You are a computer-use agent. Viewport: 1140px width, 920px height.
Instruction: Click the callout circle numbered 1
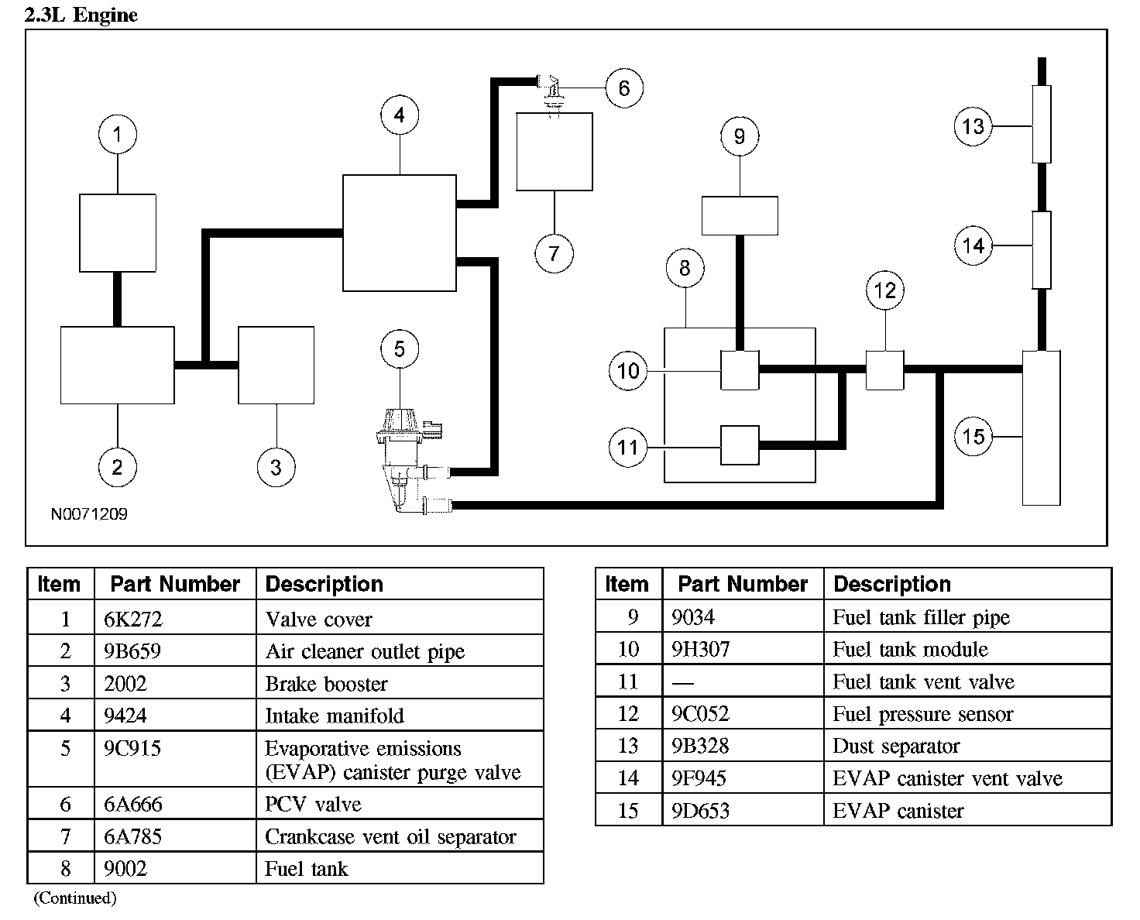click(117, 135)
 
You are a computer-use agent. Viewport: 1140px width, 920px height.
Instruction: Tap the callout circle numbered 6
click(623, 88)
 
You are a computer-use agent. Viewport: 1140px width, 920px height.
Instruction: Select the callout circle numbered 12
click(884, 290)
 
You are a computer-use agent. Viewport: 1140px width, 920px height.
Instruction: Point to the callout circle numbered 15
click(973, 437)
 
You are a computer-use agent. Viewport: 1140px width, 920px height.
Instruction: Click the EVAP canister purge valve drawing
click(404, 457)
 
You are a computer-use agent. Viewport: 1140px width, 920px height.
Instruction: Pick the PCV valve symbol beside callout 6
click(551, 89)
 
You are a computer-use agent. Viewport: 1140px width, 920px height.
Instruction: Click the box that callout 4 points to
click(399, 232)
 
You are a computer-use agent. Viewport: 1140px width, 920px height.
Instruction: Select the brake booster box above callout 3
click(276, 365)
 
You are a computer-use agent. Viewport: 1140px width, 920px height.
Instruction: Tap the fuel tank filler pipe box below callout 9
click(739, 215)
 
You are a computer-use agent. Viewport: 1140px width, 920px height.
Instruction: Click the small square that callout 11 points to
click(740, 445)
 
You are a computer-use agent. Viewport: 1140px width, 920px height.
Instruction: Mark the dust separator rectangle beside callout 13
click(1042, 124)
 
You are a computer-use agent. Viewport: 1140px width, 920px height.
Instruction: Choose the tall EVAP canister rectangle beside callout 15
click(1041, 427)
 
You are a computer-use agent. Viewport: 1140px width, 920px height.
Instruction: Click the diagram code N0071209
click(89, 514)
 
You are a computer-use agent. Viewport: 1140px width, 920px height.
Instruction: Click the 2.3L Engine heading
click(81, 15)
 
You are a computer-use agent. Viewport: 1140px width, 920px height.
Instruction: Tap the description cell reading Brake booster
click(326, 684)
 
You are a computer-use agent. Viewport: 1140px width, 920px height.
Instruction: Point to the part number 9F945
click(700, 778)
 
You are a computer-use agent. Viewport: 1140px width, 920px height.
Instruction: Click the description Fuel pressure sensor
click(922, 714)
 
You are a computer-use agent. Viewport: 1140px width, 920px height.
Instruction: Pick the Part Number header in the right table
click(742, 584)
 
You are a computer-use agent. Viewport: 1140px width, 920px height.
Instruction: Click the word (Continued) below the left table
click(74, 898)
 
